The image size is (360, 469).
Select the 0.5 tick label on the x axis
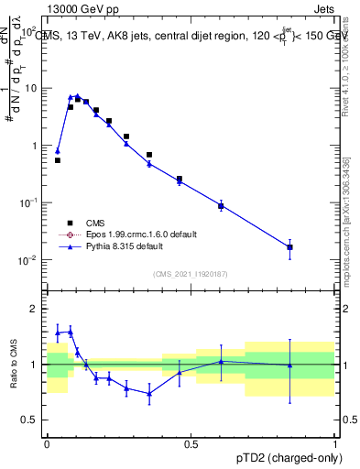coord(191,444)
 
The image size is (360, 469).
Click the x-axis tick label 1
coord(334,444)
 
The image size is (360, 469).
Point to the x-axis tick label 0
coord(47,444)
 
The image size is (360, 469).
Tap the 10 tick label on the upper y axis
coord(32,89)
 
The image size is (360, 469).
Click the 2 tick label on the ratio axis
coord(37,309)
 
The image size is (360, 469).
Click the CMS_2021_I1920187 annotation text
coord(190,273)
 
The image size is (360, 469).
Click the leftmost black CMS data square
coord(58,160)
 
